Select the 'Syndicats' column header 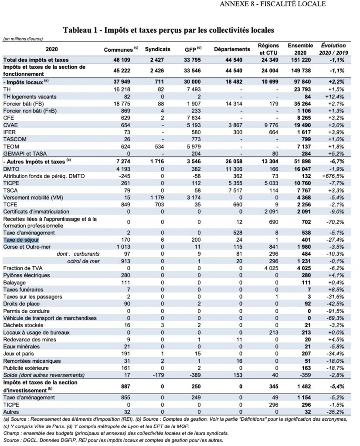(157, 50)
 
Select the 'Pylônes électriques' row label (26, 275)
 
